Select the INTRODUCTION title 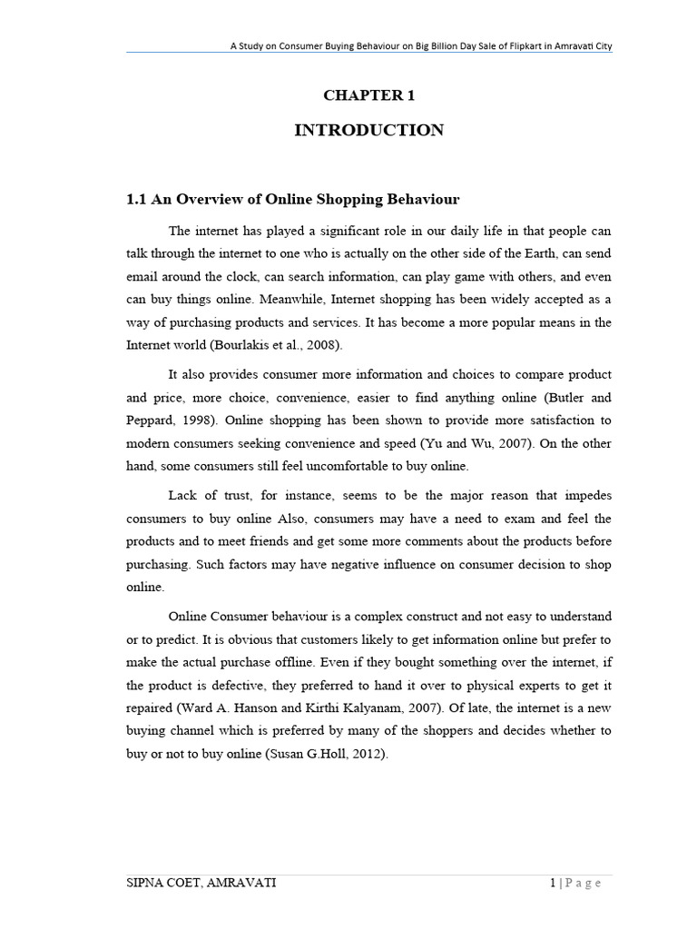pos(368,131)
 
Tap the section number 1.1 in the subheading pos(136,199)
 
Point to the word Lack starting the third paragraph pos(184,495)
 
